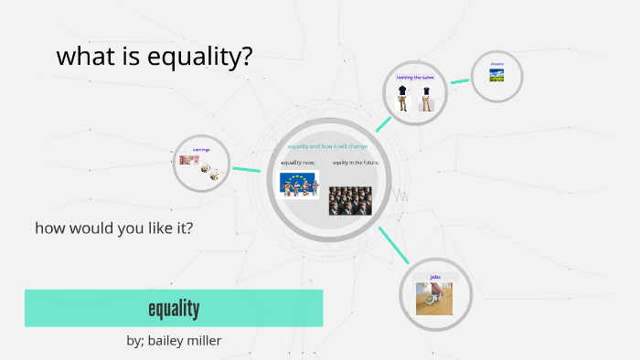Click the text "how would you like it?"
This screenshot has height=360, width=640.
(x=113, y=228)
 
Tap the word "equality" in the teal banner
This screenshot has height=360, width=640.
(x=174, y=308)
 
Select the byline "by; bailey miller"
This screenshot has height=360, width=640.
(x=174, y=341)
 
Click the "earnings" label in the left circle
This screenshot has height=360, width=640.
(x=201, y=149)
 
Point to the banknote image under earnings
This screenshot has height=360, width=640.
(x=189, y=160)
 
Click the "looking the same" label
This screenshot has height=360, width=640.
(x=414, y=78)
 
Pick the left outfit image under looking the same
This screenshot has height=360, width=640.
(x=402, y=98)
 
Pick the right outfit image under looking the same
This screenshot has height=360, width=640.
(x=426, y=98)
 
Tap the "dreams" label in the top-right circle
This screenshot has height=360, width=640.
(x=496, y=64)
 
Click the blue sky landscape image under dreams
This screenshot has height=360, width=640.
(x=496, y=75)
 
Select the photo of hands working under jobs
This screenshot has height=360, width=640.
(x=434, y=298)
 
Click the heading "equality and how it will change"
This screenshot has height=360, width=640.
(x=327, y=146)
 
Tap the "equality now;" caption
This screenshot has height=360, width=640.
(x=297, y=162)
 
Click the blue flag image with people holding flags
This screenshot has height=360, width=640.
(x=298, y=184)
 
